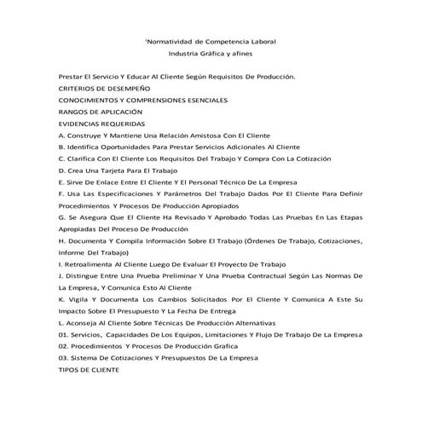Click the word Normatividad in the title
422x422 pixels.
pyautogui.click(x=168, y=41)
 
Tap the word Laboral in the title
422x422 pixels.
pyautogui.click(x=263, y=41)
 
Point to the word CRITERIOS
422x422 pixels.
pyautogui.click(x=80, y=89)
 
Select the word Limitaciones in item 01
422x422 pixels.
pyautogui.click(x=221, y=335)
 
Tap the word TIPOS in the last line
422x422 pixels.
pyautogui.click(x=71, y=370)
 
